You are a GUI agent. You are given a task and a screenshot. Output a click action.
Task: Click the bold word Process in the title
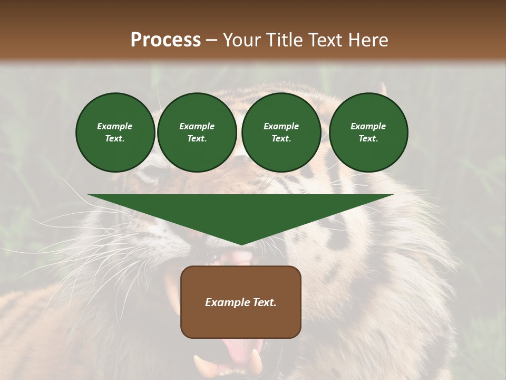[x=166, y=40]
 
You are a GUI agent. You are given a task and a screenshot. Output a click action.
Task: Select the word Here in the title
[x=368, y=40]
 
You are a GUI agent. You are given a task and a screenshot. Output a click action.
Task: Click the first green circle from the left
[x=115, y=132]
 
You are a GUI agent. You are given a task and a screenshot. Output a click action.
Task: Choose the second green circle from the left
[x=197, y=132]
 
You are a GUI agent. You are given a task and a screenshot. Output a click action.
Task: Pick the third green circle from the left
[x=281, y=132]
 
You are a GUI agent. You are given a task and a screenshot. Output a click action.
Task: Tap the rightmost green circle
[x=368, y=132]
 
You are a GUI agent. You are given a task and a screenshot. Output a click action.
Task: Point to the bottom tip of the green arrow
[x=241, y=244]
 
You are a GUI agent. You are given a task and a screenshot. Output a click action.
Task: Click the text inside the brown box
[x=241, y=302]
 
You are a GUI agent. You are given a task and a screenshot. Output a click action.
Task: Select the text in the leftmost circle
[x=115, y=132]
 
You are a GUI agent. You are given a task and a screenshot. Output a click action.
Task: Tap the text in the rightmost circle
[x=368, y=132]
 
